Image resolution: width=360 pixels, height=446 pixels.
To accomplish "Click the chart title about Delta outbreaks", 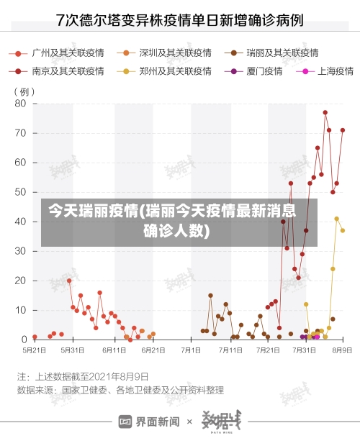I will click(179, 19).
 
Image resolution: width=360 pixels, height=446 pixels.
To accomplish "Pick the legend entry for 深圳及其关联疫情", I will click(168, 53).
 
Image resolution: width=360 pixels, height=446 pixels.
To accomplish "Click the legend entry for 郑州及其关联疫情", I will click(168, 71).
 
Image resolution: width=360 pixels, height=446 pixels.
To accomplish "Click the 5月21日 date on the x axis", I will click(34, 350).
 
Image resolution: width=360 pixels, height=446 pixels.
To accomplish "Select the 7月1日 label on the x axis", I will click(191, 350).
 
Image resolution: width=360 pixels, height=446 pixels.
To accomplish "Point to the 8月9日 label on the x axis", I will click(341, 350).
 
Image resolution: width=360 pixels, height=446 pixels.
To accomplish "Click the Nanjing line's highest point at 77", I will click(325, 112).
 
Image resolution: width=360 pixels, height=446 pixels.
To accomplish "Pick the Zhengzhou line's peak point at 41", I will click(336, 219).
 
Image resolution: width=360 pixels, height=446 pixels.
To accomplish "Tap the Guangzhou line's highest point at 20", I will click(69, 281).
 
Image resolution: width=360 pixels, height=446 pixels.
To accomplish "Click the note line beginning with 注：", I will click(83, 376).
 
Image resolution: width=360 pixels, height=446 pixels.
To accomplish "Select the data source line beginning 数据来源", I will click(120, 391).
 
